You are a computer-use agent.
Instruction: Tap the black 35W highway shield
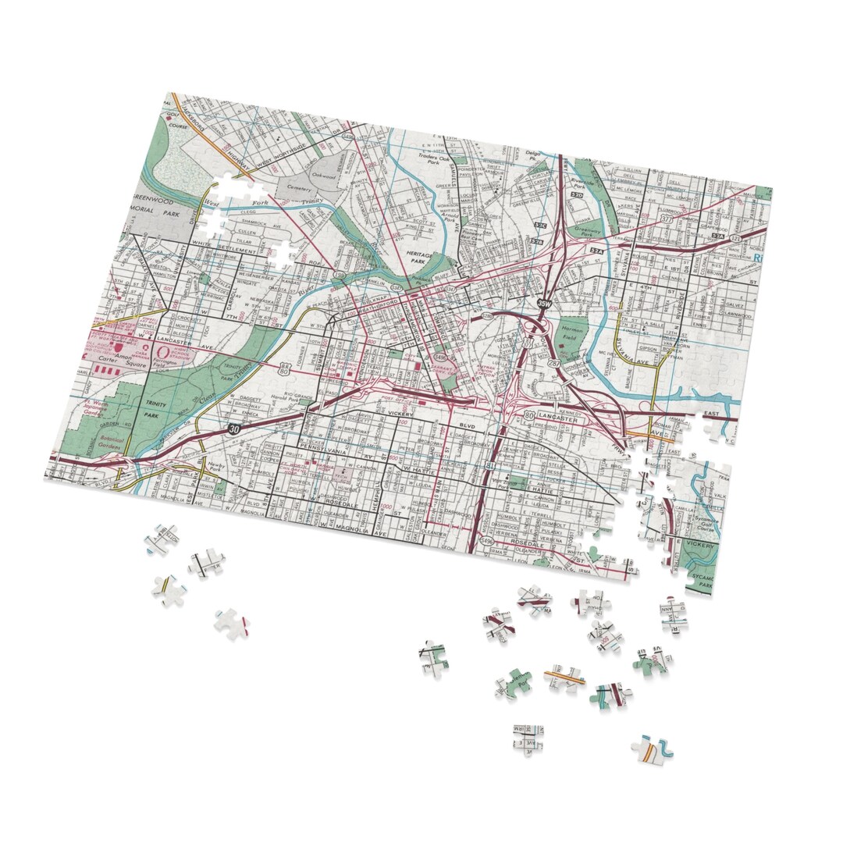(545, 302)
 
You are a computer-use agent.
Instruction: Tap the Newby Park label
(217, 468)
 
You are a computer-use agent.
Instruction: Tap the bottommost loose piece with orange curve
(651, 749)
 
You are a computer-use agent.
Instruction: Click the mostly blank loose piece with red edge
(233, 624)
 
